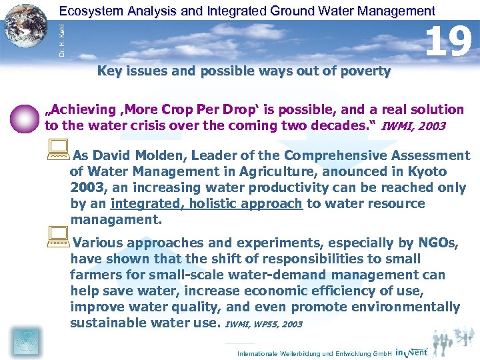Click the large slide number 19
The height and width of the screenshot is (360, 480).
[x=449, y=41]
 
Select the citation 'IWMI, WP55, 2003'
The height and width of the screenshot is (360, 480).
[x=263, y=325]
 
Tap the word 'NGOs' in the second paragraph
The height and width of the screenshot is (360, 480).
[x=437, y=243]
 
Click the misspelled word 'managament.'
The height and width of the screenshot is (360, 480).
[x=116, y=220]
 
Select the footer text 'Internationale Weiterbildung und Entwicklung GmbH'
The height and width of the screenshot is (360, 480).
[x=314, y=353]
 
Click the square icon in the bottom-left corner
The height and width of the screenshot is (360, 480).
[x=25, y=341]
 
